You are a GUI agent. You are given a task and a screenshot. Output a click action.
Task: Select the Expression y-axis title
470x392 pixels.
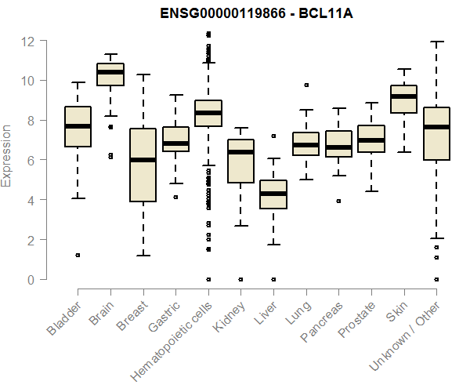[7, 155]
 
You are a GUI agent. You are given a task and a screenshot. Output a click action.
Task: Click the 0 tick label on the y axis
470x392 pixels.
[31, 279]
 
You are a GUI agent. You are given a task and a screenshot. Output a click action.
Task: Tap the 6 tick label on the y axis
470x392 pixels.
[31, 160]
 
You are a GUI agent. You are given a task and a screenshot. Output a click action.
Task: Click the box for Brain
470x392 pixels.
[110, 74]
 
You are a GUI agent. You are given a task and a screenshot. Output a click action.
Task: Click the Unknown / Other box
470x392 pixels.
[436, 133]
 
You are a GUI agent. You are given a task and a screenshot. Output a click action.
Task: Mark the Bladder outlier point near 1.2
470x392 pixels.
[78, 255]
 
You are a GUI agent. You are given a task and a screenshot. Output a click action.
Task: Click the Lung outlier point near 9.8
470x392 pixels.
[305, 85]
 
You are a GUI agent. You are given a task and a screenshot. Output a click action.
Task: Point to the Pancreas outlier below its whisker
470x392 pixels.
[338, 201]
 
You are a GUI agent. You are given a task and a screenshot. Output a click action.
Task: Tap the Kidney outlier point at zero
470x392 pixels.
[240, 279]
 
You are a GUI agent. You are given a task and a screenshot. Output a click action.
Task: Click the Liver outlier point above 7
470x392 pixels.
[273, 136]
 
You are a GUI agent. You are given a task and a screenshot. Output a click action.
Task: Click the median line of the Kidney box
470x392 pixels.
[240, 152]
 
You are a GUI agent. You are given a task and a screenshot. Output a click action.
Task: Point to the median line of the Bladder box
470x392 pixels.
[78, 126]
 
